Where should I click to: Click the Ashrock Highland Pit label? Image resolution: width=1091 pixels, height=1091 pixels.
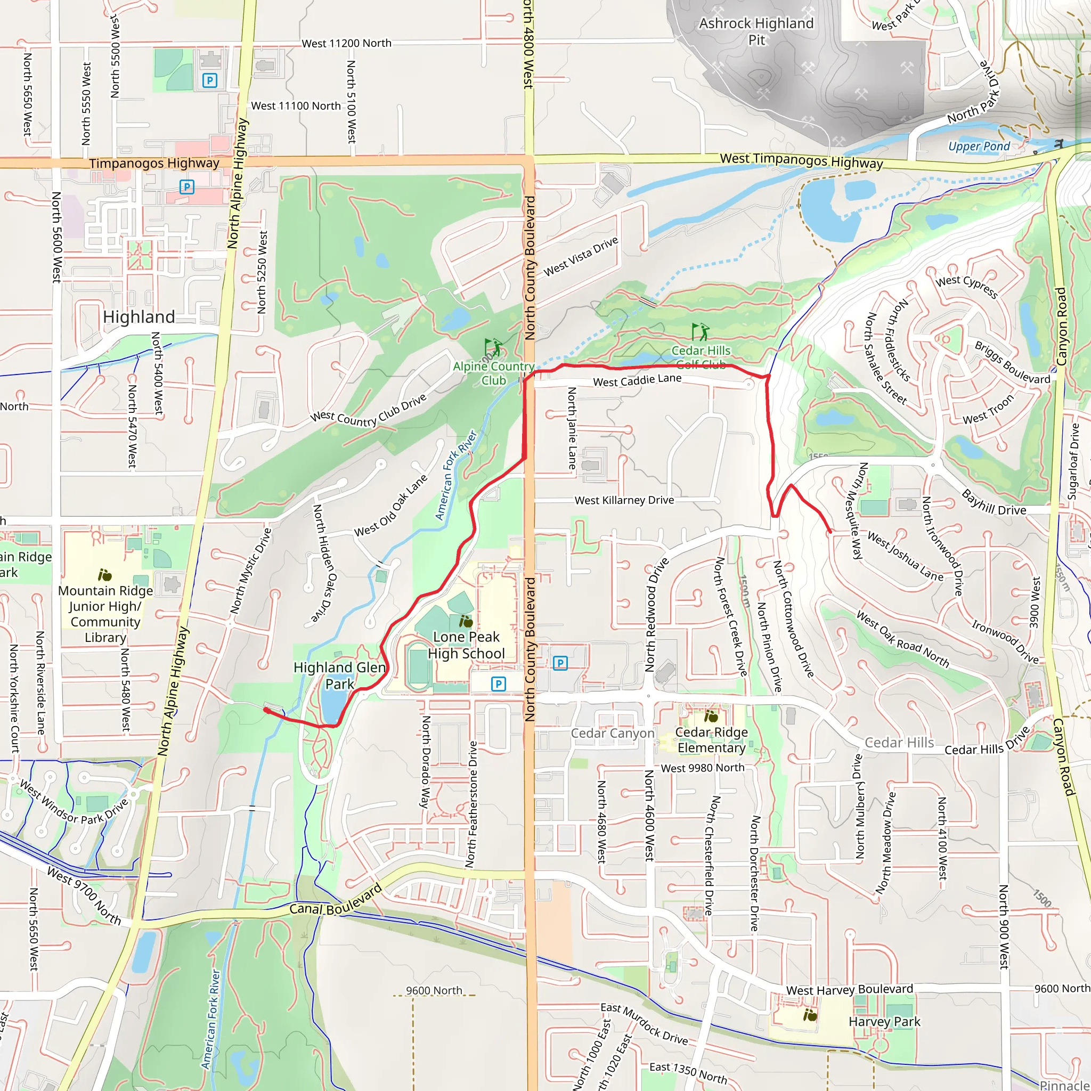(756, 31)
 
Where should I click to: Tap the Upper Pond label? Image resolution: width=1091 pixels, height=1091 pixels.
(979, 146)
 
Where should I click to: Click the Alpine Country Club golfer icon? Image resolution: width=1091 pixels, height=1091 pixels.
(492, 347)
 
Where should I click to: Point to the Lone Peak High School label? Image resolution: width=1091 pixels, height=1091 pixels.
(466, 645)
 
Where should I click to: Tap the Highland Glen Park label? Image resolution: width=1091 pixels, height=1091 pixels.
(339, 675)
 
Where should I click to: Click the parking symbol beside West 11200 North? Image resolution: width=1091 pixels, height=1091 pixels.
(209, 81)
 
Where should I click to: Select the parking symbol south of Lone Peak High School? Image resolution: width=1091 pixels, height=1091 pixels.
(498, 684)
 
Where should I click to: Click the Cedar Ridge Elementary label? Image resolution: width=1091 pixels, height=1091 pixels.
(711, 740)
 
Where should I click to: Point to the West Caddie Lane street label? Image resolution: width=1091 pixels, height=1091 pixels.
(637, 380)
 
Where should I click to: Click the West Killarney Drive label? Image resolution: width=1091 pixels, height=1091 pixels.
(624, 500)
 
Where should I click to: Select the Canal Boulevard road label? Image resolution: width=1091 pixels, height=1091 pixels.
(336, 902)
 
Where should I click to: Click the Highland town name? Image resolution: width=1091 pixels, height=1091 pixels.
(139, 317)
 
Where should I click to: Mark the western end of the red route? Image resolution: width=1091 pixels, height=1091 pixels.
(265, 709)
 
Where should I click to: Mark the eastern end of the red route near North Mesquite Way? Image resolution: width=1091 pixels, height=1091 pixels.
(829, 531)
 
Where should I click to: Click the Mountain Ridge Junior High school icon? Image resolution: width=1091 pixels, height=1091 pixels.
(104, 575)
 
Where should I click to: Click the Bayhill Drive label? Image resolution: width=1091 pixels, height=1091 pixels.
(994, 502)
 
